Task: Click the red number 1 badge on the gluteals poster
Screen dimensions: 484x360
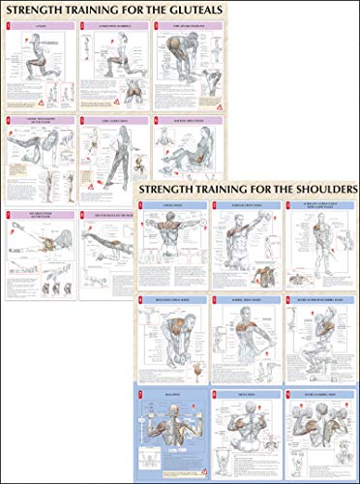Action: (x=9, y=26)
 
